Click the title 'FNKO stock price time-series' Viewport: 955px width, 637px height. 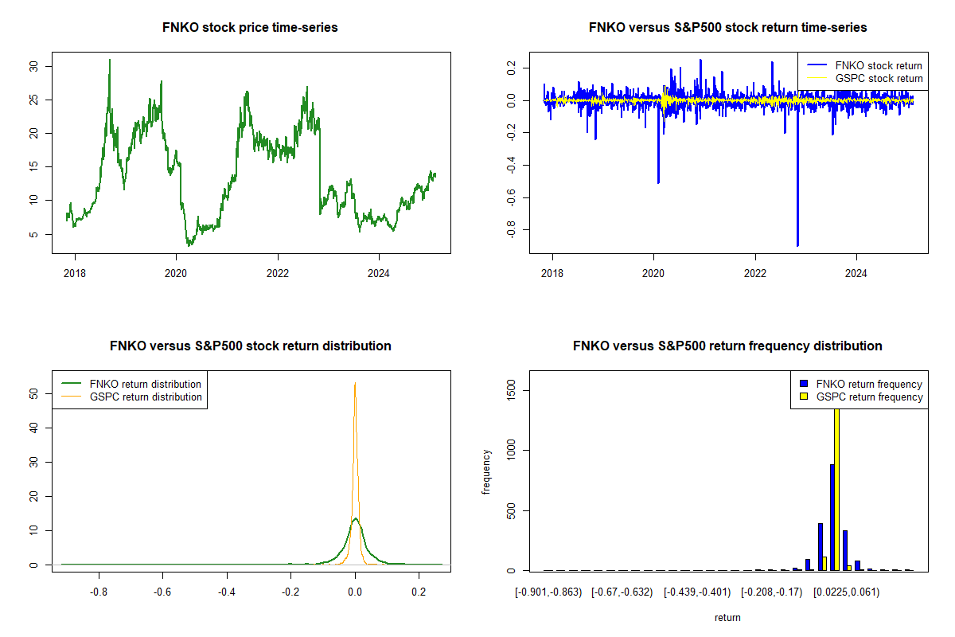click(x=250, y=28)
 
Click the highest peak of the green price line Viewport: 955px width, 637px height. click(x=110, y=60)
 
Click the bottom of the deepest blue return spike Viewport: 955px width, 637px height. click(x=797, y=246)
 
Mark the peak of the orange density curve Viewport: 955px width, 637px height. click(x=355, y=383)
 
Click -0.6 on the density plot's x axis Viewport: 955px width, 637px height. click(x=162, y=592)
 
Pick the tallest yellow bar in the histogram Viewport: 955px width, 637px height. click(x=836, y=486)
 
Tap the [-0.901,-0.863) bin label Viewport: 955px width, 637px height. click(x=548, y=592)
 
